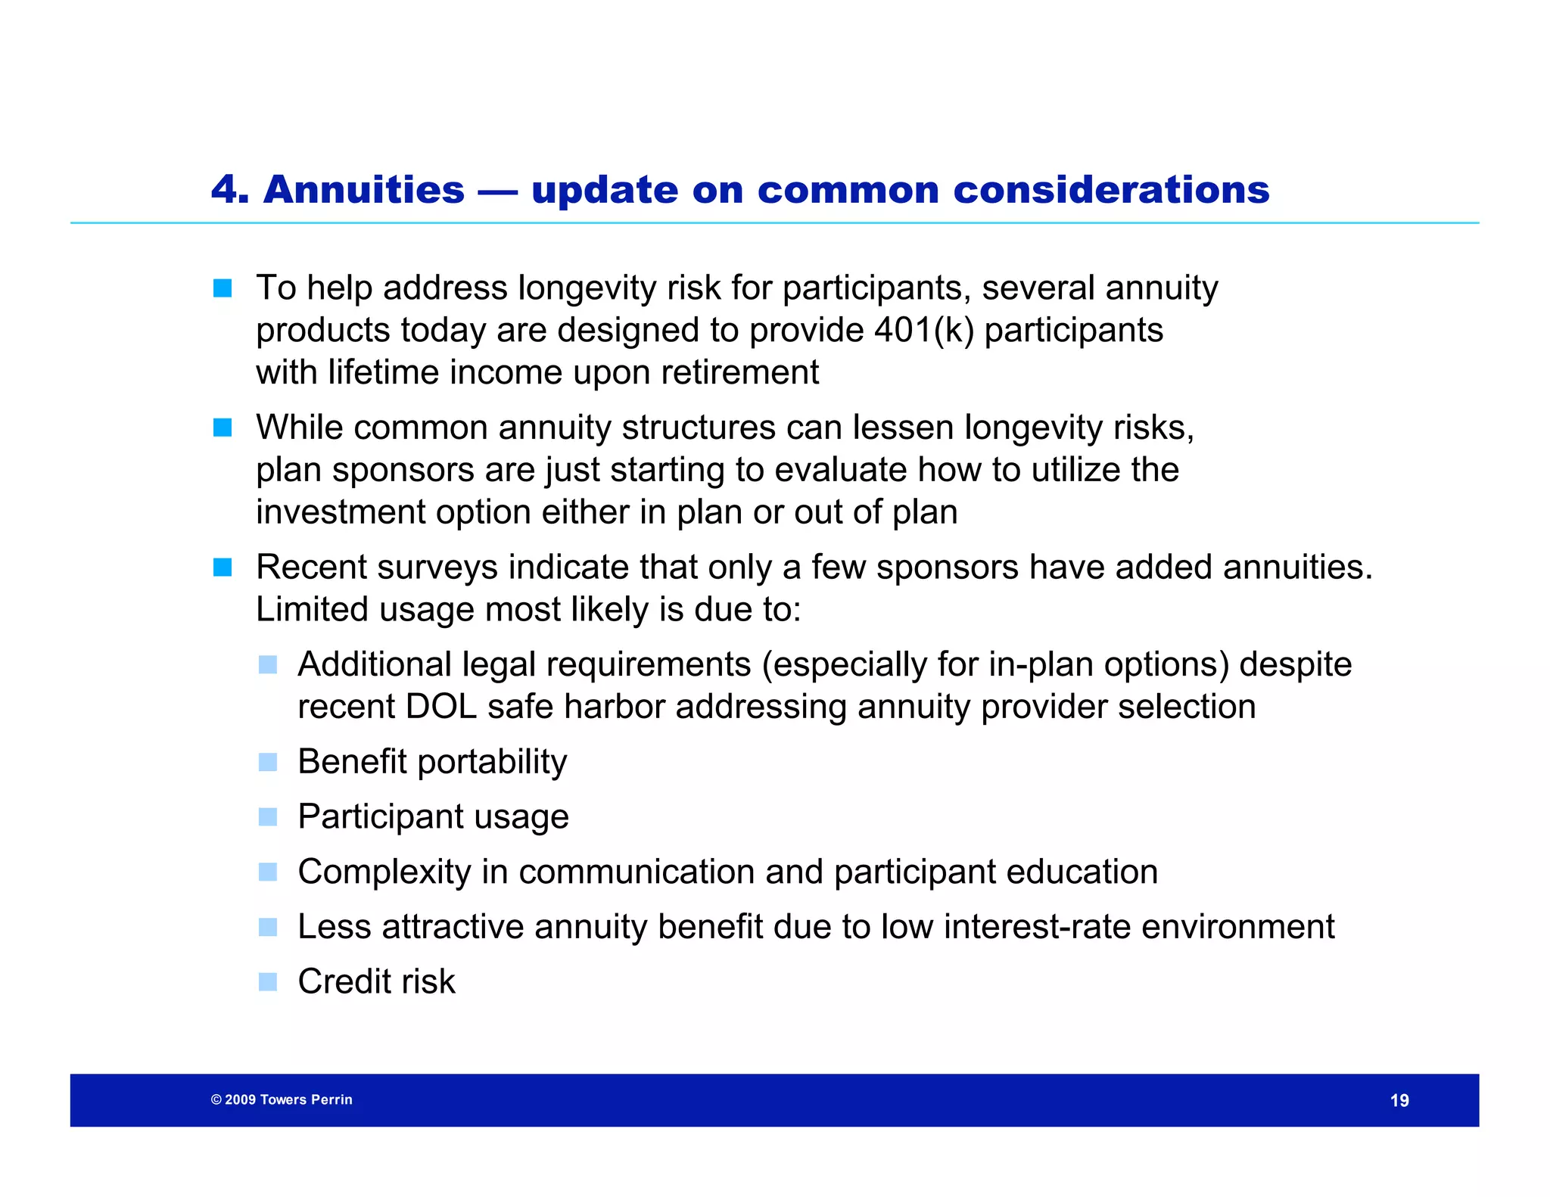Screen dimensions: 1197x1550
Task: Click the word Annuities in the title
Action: click(x=364, y=189)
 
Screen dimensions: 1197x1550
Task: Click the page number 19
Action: click(x=1399, y=1100)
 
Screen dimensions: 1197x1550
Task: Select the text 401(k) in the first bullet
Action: click(x=923, y=330)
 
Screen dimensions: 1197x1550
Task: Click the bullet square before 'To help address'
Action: click(x=223, y=288)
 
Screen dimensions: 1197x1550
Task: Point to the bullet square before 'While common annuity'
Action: click(x=223, y=427)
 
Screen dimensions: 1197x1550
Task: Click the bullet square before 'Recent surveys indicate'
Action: click(x=223, y=567)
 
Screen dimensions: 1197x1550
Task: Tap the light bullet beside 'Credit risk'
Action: click(x=268, y=982)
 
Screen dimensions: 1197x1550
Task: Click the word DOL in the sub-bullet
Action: click(x=441, y=707)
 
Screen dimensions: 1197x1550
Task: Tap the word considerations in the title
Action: click(x=1111, y=189)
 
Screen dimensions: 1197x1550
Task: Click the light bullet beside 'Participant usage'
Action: click(x=268, y=817)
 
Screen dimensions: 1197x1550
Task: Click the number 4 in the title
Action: click(x=226, y=189)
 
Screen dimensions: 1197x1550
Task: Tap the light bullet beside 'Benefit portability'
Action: click(x=268, y=762)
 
